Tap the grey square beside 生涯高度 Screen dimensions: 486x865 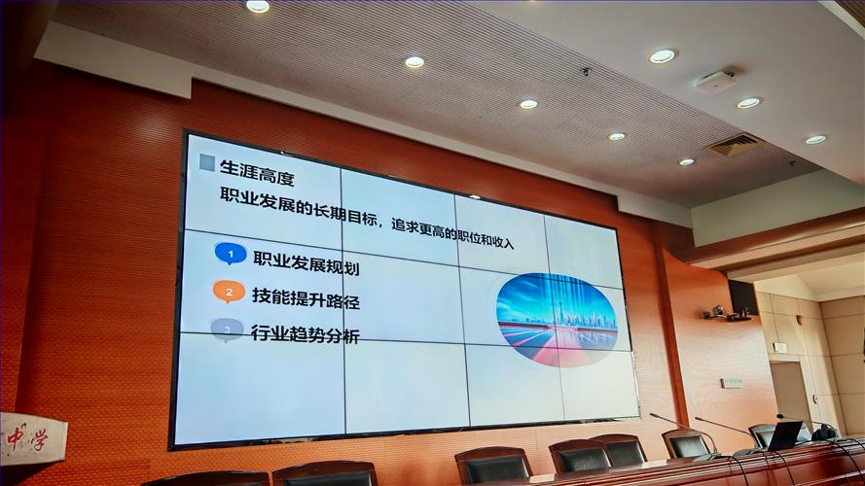[207, 163]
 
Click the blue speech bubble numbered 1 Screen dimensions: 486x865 [231, 254]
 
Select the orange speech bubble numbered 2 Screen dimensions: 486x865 [228, 291]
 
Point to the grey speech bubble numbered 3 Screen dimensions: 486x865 [227, 330]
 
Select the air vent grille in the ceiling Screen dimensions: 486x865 [734, 145]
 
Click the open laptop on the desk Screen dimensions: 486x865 [784, 434]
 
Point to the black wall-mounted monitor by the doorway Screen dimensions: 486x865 [742, 295]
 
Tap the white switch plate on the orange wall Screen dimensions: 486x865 [731, 383]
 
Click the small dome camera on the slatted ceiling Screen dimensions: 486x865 [585, 71]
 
